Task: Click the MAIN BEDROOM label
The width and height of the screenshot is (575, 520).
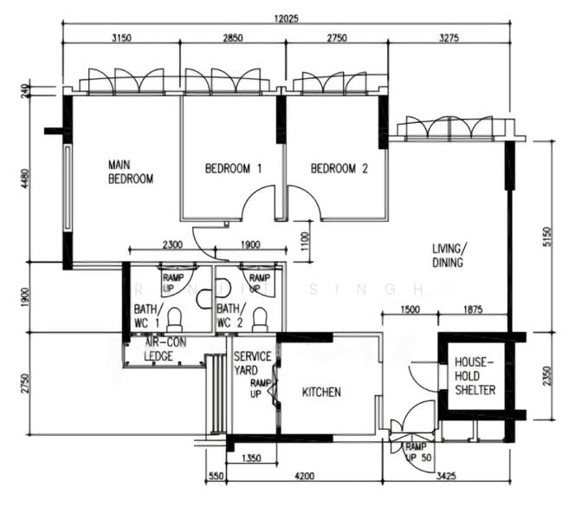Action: click(x=131, y=172)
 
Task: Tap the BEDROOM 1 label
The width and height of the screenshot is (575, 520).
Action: click(x=233, y=168)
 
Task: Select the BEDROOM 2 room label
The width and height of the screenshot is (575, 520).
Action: click(x=339, y=168)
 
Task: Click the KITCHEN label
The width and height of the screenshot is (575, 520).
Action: click(x=321, y=393)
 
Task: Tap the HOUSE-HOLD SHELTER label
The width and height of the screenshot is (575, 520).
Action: click(x=475, y=376)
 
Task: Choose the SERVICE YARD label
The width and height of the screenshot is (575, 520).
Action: click(x=252, y=363)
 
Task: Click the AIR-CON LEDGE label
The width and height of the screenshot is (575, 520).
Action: click(x=165, y=349)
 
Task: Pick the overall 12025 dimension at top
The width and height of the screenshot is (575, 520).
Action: click(x=286, y=18)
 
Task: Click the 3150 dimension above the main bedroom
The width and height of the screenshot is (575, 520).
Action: click(x=121, y=38)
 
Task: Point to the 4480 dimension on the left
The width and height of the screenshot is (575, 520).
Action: click(x=24, y=179)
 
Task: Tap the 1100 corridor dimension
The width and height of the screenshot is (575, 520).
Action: click(x=305, y=241)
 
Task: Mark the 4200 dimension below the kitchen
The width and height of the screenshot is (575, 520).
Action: click(x=304, y=476)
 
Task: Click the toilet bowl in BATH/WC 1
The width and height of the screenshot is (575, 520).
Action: click(x=175, y=320)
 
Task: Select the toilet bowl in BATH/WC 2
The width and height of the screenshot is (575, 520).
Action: click(x=261, y=320)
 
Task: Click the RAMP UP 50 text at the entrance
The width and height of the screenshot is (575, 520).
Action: click(x=418, y=452)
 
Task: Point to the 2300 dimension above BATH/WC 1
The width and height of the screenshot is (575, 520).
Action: click(x=172, y=244)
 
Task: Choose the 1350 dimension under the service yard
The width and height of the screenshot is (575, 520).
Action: click(x=251, y=458)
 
